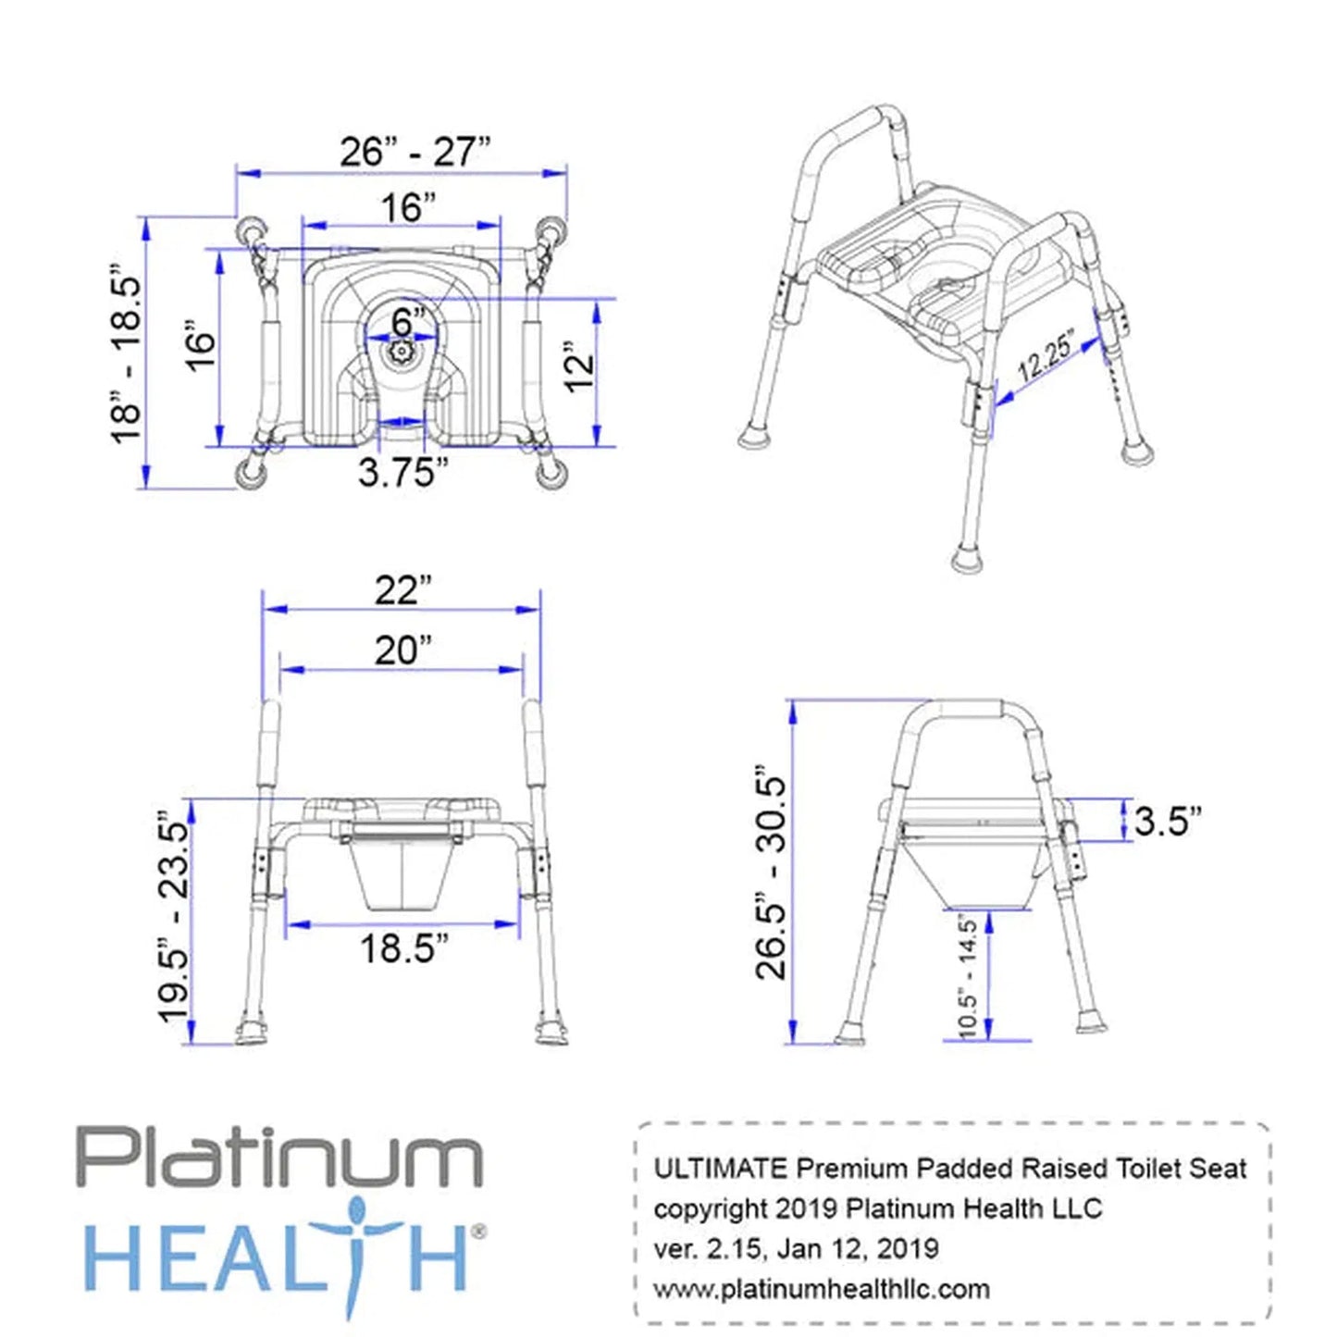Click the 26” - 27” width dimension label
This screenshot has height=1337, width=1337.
tap(414, 152)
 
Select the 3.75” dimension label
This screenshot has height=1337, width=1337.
tap(402, 472)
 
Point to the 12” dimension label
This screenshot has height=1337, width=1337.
tap(579, 367)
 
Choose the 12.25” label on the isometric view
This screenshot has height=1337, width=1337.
tap(1046, 355)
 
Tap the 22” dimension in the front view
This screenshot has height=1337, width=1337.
tap(402, 589)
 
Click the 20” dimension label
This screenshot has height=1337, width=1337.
tap(402, 650)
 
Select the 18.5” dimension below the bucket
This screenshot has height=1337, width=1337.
tap(403, 948)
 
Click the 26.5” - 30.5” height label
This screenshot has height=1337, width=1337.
tap(771, 873)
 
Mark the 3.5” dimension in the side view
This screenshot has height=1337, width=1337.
tap(1167, 821)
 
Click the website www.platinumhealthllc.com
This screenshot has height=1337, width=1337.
tap(821, 1288)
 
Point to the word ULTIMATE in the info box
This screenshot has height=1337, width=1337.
tap(720, 1169)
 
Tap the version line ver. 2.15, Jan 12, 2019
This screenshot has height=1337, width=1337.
tap(796, 1248)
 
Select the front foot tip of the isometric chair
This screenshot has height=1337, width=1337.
tap(968, 558)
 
